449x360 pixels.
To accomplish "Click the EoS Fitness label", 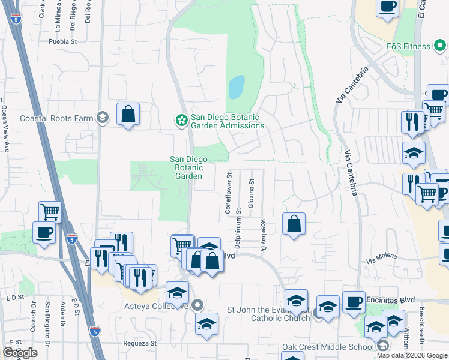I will coord(408,46).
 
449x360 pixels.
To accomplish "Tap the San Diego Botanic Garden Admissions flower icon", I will coord(181,121).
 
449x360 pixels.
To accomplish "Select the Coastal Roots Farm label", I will coord(56,118).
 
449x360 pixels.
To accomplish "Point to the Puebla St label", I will coord(64,42).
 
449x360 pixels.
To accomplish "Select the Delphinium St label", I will coord(238,229).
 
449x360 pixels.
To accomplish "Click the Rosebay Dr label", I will coord(263,234).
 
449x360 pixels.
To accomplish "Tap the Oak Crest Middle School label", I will coord(328,347).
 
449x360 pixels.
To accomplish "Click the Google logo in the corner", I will coord(20,353).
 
